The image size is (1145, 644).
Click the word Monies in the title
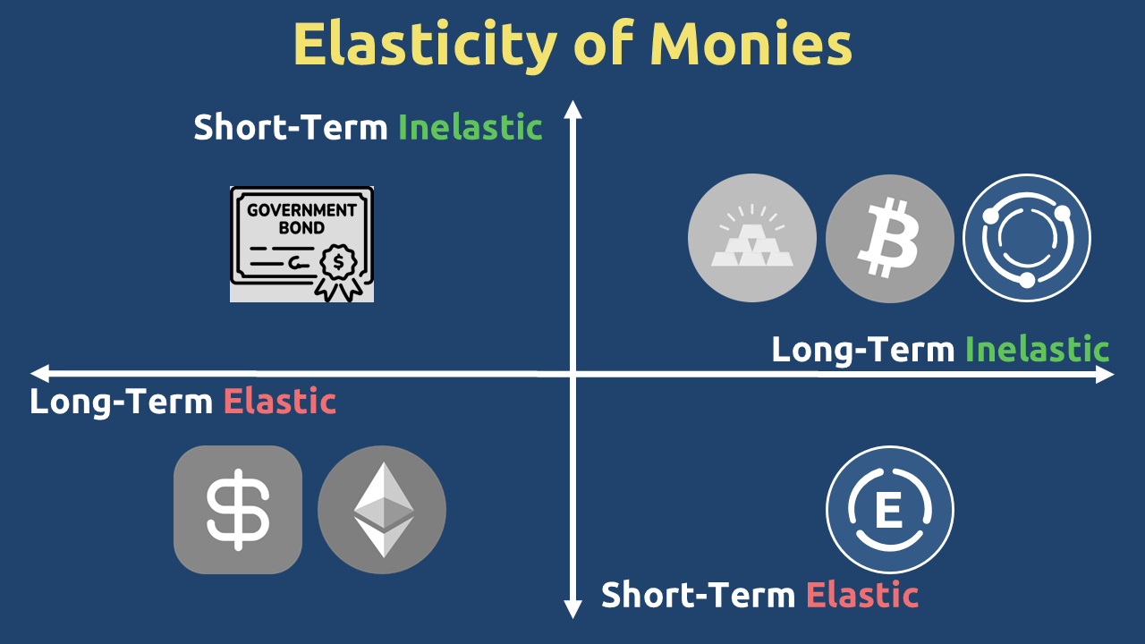751,44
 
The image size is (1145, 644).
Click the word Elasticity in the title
425,46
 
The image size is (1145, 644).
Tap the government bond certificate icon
301,244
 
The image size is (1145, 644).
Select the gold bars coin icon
752,238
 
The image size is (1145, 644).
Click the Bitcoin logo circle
890,238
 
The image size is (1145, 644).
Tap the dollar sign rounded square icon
238,510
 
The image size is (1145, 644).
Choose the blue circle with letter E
890,510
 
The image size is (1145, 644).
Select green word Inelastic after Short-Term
471,127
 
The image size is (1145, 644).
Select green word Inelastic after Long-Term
1037,349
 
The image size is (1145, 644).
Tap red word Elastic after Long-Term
280,402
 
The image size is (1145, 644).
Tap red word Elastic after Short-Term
862,595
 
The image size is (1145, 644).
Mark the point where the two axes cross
573,374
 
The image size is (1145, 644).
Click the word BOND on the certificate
301,227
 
